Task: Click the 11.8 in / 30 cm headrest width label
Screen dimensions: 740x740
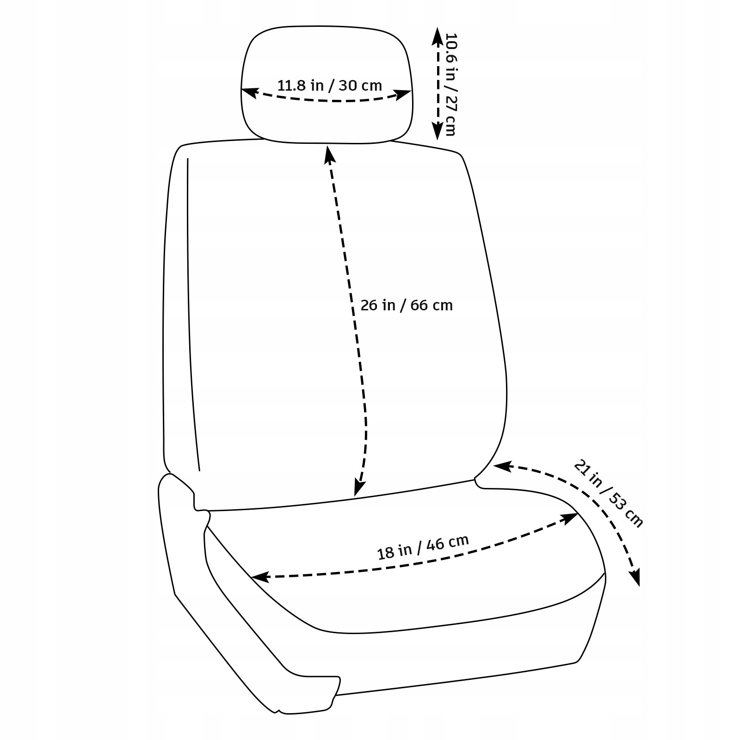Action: click(x=330, y=86)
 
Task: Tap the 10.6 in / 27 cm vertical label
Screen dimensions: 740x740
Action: click(x=451, y=84)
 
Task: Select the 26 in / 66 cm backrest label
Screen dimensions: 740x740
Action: click(x=407, y=305)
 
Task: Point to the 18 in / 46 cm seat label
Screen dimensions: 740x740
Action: click(x=423, y=547)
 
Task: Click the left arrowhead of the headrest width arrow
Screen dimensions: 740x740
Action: click(x=247, y=92)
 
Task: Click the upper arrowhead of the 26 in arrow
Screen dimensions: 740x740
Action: click(x=329, y=153)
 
